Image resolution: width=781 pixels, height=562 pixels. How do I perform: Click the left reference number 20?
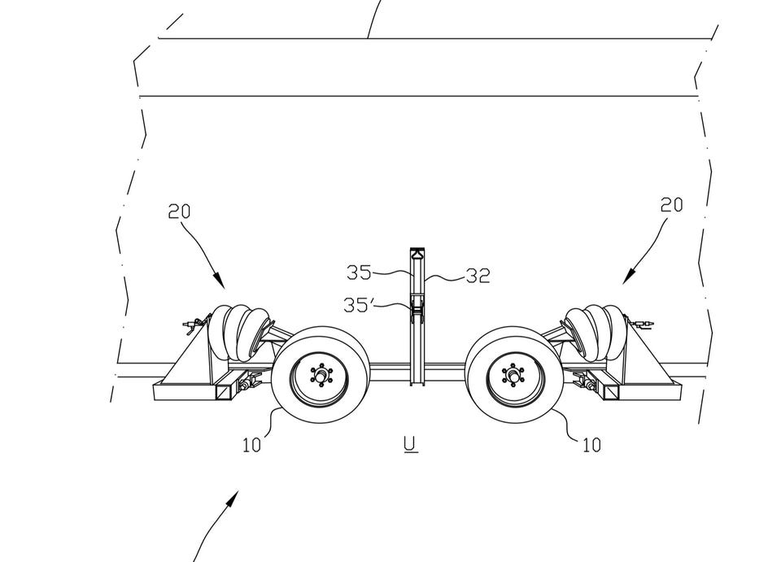point(179,211)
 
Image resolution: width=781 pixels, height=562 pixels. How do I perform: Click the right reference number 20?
point(671,205)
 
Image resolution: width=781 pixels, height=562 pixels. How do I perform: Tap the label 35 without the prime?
point(359,272)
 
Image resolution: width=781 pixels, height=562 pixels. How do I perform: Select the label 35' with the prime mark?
point(359,305)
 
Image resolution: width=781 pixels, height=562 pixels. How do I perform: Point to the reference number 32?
point(478,276)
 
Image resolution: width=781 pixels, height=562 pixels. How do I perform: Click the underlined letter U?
point(411,443)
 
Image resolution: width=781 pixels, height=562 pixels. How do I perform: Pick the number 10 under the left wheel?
point(251,445)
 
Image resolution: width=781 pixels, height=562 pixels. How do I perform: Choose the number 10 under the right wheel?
point(591,445)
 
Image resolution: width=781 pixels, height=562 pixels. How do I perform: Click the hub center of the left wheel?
point(321,375)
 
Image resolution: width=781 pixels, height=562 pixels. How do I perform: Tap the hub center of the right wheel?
point(512,375)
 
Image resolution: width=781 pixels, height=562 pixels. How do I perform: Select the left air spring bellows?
point(239,332)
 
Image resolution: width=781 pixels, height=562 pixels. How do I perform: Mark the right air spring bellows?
point(593,332)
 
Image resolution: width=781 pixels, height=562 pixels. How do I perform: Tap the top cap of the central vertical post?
point(417,252)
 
